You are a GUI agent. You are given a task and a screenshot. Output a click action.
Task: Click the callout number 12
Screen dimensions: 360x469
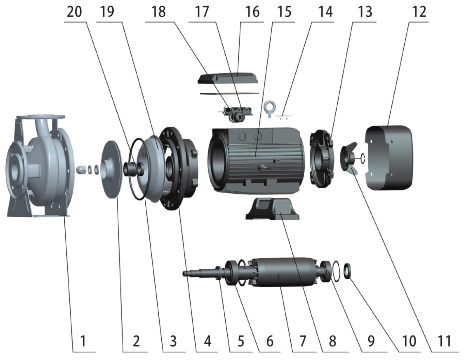[419, 12]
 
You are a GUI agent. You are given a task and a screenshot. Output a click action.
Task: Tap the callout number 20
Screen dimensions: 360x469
[74, 12]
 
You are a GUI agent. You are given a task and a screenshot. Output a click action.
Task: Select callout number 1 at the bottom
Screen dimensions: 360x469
[83, 341]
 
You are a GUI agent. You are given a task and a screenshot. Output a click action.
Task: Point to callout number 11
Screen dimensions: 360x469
[444, 341]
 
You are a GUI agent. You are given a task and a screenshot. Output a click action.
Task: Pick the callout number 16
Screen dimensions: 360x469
[252, 12]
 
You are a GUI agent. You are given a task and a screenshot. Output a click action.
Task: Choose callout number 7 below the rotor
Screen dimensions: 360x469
[303, 341]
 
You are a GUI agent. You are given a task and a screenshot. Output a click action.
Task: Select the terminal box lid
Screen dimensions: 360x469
[227, 78]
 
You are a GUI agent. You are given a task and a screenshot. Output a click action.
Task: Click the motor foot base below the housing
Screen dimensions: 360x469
[272, 208]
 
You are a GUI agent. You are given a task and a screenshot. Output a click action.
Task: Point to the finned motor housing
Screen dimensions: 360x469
[259, 160]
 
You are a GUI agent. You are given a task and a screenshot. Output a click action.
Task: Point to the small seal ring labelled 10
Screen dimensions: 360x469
[348, 271]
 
